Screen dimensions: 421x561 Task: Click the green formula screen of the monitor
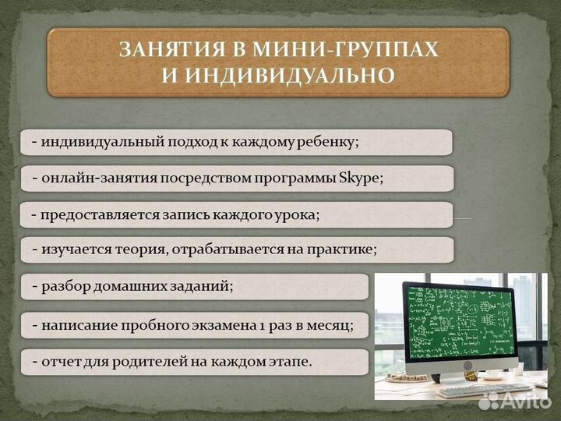click(x=459, y=319)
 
